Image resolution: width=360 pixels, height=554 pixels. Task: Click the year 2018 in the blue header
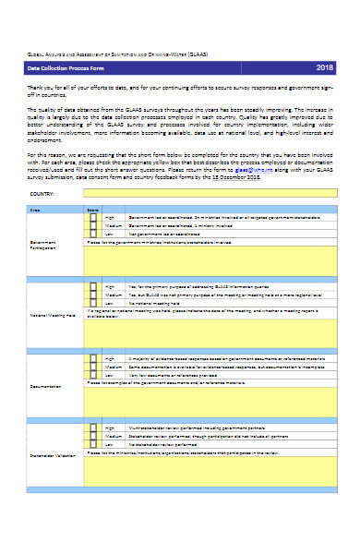[x=325, y=68]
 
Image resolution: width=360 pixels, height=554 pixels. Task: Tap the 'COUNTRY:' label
[x=42, y=195]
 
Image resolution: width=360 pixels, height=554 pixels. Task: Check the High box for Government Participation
[x=92, y=218]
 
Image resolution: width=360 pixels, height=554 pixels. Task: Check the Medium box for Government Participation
[x=92, y=226]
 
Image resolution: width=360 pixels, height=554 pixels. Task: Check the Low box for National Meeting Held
[x=92, y=303]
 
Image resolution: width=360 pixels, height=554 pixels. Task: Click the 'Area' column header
[x=36, y=210]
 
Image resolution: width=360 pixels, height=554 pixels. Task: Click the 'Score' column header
[x=92, y=210]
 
